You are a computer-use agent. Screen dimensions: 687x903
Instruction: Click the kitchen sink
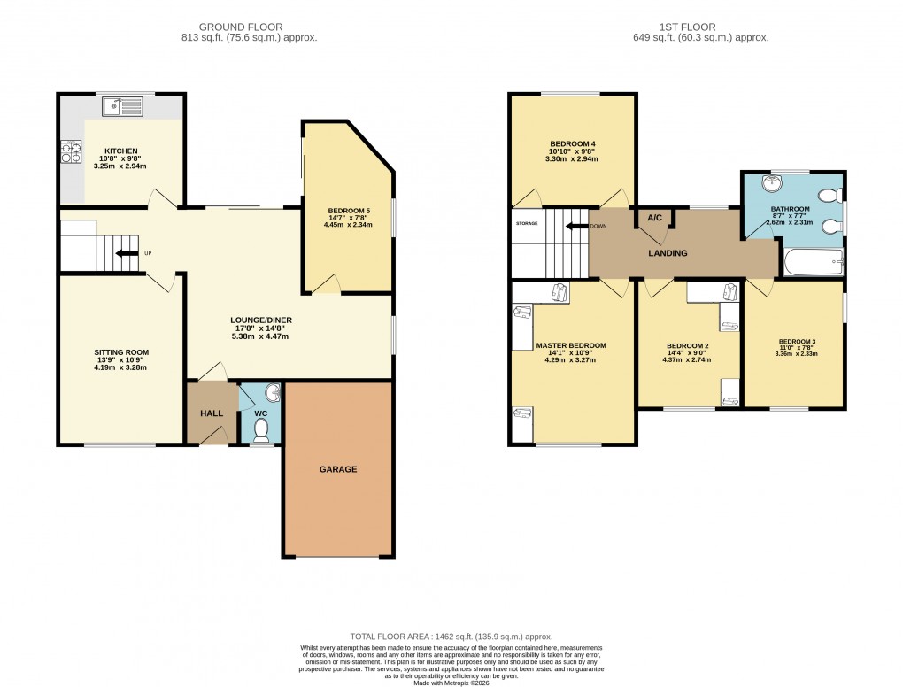[x=123, y=107]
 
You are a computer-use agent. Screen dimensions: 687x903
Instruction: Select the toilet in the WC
[x=261, y=429]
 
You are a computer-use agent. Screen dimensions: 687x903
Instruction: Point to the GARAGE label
[x=338, y=469]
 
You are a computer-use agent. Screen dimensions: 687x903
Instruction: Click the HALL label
[x=211, y=413]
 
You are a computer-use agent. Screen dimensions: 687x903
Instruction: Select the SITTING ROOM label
[x=121, y=352]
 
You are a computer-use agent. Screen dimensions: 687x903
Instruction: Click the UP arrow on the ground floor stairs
[x=128, y=254]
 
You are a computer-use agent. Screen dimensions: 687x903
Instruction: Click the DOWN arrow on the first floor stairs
[x=579, y=226]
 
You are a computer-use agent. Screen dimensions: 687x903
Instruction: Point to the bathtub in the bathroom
[x=813, y=261]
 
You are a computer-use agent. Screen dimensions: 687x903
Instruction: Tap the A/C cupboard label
[x=655, y=218]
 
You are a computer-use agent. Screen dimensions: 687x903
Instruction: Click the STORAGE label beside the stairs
[x=527, y=223]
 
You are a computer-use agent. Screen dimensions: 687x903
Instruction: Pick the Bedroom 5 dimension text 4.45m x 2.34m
[x=348, y=225]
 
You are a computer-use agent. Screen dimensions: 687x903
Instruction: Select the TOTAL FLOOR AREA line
[x=451, y=636]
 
